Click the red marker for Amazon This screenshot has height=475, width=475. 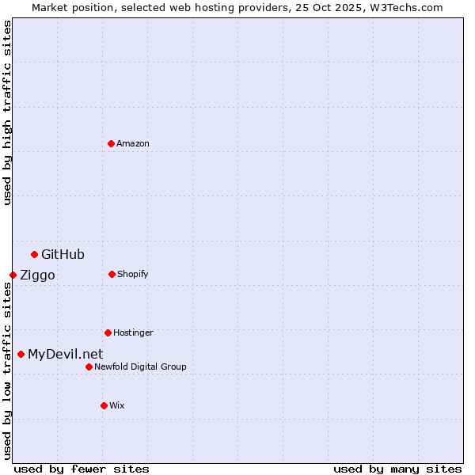pyautogui.click(x=111, y=143)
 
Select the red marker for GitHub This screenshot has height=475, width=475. pyautogui.click(x=34, y=254)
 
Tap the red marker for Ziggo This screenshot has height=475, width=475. pyautogui.click(x=13, y=275)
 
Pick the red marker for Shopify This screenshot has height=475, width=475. pyautogui.click(x=112, y=274)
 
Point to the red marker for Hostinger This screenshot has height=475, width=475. pyautogui.click(x=108, y=332)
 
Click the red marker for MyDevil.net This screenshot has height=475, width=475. pyautogui.click(x=21, y=354)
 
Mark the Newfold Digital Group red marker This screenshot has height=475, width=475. pyautogui.click(x=89, y=367)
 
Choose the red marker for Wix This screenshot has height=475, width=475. pyautogui.click(x=104, y=405)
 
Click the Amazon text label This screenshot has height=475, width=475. pyautogui.click(x=133, y=143)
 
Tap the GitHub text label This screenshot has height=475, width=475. pyautogui.click(x=63, y=254)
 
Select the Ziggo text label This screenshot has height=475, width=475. pyautogui.click(x=37, y=275)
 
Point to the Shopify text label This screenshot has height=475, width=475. pyautogui.click(x=133, y=274)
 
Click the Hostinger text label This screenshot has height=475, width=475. pyautogui.click(x=133, y=332)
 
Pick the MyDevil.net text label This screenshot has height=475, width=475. pyautogui.click(x=65, y=354)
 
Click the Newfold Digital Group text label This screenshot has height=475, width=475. pyautogui.click(x=140, y=367)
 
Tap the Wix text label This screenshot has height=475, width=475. pyautogui.click(x=117, y=405)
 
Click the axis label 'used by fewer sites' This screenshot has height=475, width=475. pyautogui.click(x=82, y=469)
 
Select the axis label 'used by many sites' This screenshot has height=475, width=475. pyautogui.click(x=397, y=469)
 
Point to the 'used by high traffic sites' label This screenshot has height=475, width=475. pyautogui.click(x=7, y=112)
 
